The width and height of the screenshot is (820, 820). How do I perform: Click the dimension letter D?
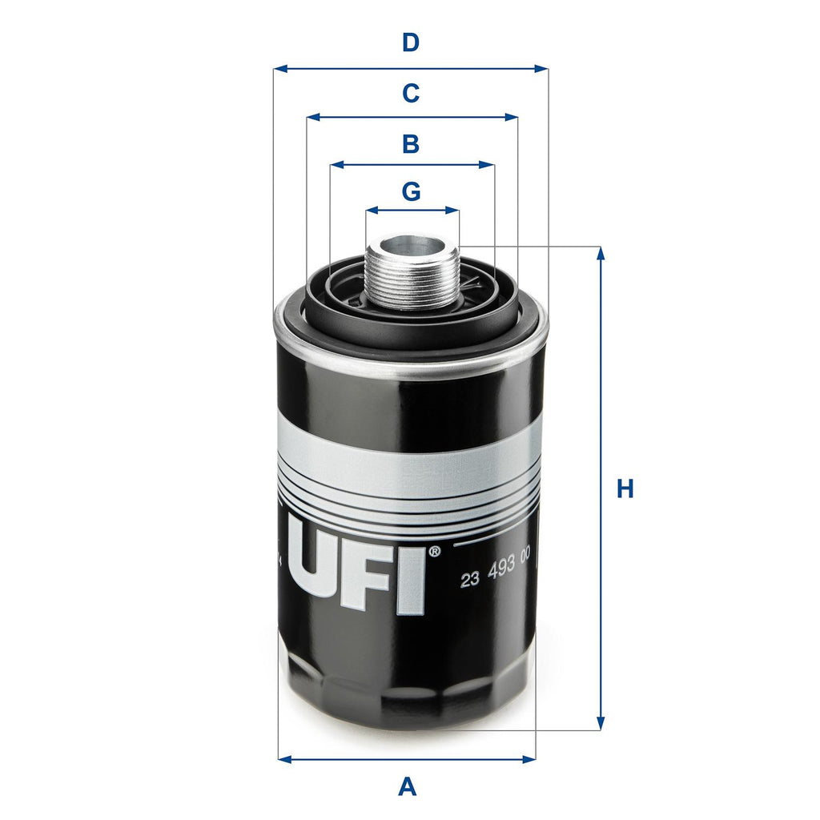tap(410, 42)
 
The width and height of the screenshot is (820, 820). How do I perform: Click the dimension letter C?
tap(410, 94)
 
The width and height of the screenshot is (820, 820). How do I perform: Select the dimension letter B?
tap(410, 144)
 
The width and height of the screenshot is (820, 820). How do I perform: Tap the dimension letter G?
tap(411, 192)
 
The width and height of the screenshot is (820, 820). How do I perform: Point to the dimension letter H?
tap(625, 488)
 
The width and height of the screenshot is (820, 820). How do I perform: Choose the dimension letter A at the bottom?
tap(408, 786)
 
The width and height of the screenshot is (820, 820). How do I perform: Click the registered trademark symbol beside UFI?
tap(434, 552)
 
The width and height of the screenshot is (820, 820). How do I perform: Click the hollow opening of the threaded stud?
tap(412, 245)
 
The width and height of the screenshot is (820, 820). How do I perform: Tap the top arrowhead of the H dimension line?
tap(600, 252)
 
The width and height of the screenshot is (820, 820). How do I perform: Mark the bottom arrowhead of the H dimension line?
tap(600, 724)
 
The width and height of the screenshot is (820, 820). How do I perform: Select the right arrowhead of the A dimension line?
tap(529, 758)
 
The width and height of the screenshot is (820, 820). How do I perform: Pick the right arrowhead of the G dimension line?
tap(454, 211)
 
